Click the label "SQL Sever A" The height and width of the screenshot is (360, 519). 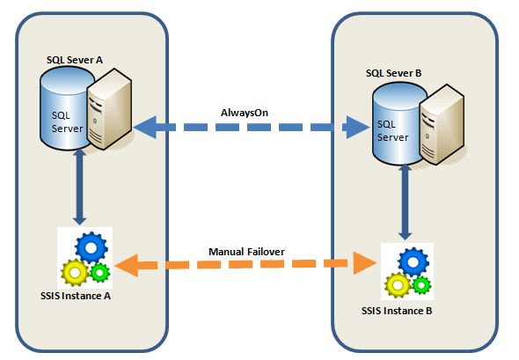75,59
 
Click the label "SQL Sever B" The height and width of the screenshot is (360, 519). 393,73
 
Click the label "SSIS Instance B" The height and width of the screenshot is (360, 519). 397,311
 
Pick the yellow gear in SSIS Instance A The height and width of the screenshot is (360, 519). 73,272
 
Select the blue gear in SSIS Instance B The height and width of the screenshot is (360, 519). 412,262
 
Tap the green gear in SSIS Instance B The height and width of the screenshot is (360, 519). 422,285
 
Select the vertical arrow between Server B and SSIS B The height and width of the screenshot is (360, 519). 405,202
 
